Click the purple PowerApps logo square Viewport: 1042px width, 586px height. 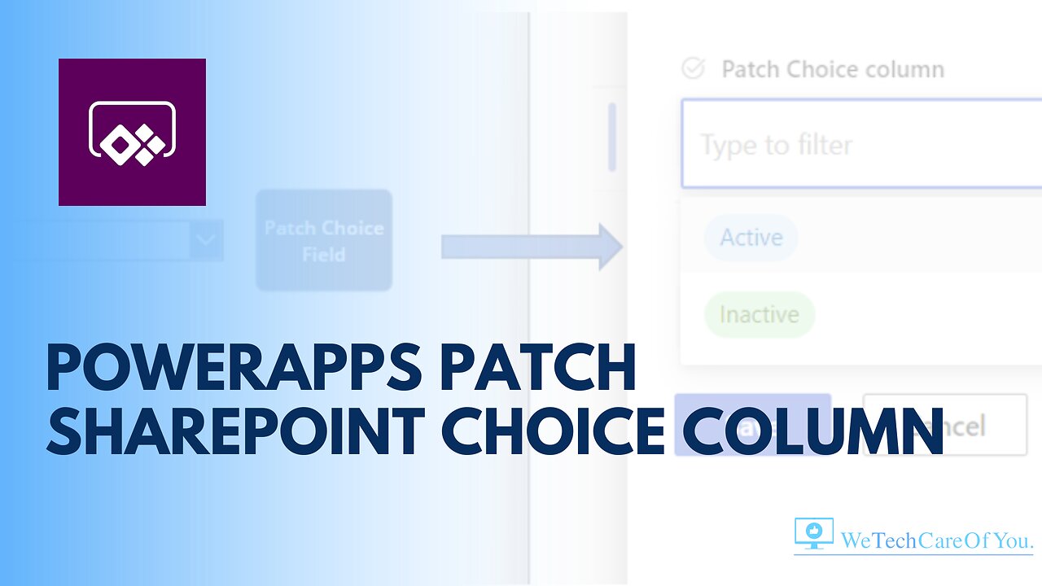132,132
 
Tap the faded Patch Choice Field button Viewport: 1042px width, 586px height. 324,241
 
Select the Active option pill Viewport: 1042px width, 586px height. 751,238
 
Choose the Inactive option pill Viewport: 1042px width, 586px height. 759,314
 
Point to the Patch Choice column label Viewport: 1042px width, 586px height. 833,70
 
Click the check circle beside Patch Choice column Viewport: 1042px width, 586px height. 693,69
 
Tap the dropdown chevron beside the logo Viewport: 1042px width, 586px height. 207,241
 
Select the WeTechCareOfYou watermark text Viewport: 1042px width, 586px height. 936,540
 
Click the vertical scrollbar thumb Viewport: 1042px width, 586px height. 612,137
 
